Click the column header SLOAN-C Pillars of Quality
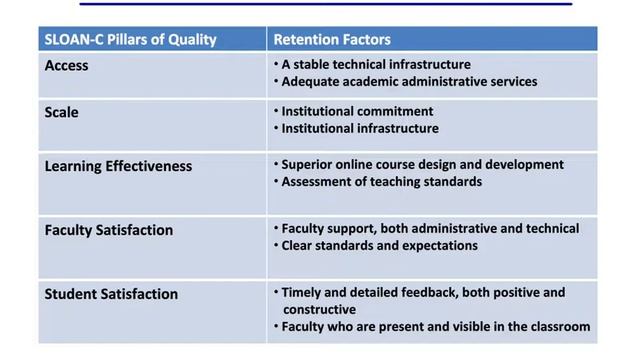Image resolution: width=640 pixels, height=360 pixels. pos(129,40)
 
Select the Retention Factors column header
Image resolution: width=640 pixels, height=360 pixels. pos(332,40)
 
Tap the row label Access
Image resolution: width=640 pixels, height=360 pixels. pos(67,66)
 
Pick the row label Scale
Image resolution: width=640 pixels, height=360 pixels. pos(62,112)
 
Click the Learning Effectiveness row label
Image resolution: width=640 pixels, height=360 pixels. pos(118,166)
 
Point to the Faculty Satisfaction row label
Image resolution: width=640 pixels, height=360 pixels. pos(109,230)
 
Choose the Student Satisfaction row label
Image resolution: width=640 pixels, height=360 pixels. pos(111,294)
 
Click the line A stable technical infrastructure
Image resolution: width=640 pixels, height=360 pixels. pos(376,64)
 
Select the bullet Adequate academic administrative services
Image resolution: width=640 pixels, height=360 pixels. pos(409,81)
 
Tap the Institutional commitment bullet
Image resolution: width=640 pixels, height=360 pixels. pos(357,111)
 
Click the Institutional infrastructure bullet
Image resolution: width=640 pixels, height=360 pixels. pos(360,128)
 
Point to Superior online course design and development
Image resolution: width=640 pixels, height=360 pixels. pos(422,164)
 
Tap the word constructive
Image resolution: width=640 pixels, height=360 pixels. pos(324,310)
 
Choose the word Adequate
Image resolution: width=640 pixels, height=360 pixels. pos(313,81)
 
